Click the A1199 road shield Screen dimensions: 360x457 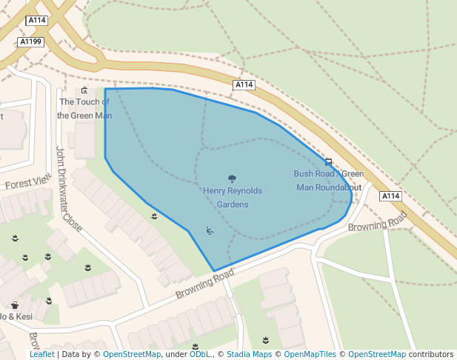click(30, 42)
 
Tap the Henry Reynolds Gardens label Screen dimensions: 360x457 click(233, 197)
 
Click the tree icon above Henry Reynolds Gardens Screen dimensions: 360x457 click(233, 179)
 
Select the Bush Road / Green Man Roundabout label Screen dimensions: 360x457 click(328, 180)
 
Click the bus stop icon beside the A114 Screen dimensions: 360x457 click(328, 162)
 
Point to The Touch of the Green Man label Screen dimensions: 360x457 click(84, 108)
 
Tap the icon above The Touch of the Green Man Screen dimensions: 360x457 click(84, 90)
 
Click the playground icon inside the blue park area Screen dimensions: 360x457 click(210, 231)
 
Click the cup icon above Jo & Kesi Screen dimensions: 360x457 click(15, 305)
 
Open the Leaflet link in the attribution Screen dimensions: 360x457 click(41, 355)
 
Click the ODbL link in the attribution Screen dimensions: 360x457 click(200, 355)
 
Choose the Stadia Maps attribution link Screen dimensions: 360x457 click(249, 355)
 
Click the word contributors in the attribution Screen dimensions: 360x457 click(431, 355)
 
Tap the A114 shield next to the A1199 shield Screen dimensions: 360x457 click(37, 21)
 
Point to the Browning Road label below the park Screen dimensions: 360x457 click(204, 284)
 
